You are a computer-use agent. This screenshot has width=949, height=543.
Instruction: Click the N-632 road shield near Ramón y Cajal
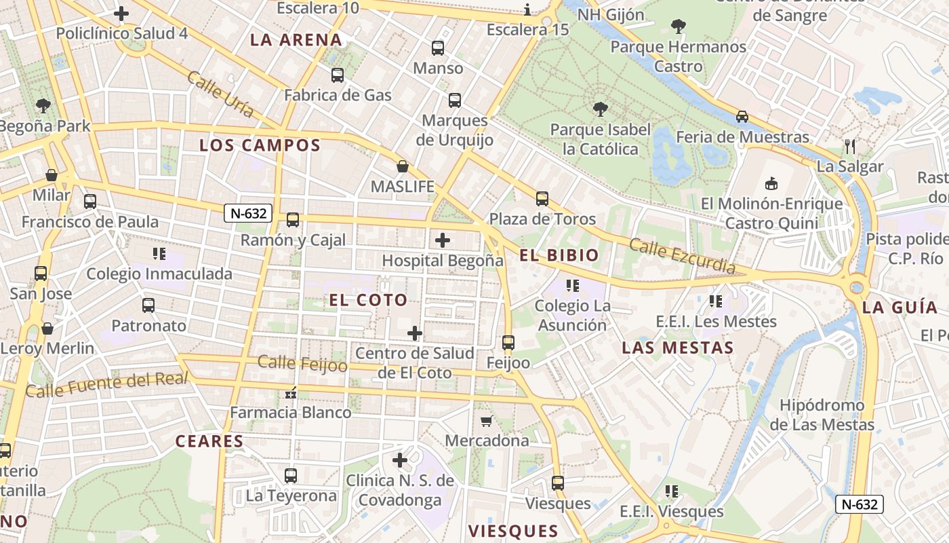pyautogui.click(x=248, y=213)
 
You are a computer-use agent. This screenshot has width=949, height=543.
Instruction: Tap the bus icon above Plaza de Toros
pyautogui.click(x=542, y=199)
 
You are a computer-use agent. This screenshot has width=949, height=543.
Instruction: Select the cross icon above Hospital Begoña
pyautogui.click(x=443, y=240)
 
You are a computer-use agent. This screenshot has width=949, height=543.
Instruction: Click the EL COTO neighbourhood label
pyautogui.click(x=369, y=300)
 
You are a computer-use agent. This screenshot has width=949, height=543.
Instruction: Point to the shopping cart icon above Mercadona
pyautogui.click(x=486, y=422)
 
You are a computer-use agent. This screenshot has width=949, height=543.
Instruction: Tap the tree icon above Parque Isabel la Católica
pyautogui.click(x=600, y=109)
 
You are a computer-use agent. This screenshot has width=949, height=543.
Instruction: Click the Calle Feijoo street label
pyautogui.click(x=302, y=364)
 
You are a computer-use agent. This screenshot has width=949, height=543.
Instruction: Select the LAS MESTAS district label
pyautogui.click(x=678, y=348)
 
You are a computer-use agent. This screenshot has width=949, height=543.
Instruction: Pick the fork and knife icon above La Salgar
pyautogui.click(x=850, y=146)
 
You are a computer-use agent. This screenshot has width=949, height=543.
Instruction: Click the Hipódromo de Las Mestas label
pyautogui.click(x=822, y=415)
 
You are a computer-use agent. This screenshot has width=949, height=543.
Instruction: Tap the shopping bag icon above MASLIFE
pyautogui.click(x=403, y=166)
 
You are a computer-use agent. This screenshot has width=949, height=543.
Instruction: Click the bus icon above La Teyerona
pyautogui.click(x=291, y=476)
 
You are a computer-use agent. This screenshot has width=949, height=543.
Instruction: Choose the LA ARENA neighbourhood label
pyautogui.click(x=296, y=39)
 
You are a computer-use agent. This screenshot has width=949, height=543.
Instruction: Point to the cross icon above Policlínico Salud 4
pyautogui.click(x=121, y=13)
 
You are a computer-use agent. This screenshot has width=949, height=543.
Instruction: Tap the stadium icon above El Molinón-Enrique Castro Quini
pyautogui.click(x=771, y=183)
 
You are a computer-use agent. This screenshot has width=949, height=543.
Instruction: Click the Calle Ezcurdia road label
pyautogui.click(x=682, y=256)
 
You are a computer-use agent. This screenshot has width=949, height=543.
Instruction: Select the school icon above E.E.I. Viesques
pyautogui.click(x=671, y=491)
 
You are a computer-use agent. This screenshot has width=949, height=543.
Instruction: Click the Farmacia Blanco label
pyautogui.click(x=290, y=412)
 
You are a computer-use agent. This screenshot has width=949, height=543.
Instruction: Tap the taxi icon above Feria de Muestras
pyautogui.click(x=742, y=117)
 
